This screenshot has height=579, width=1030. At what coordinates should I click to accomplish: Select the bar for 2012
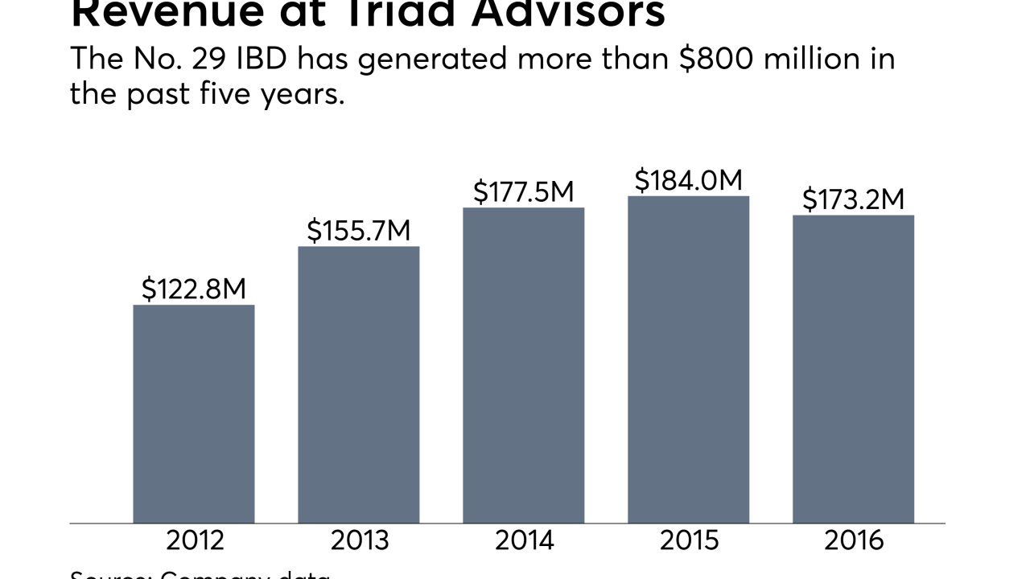click(x=193, y=414)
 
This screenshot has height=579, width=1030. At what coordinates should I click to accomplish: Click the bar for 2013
click(x=358, y=384)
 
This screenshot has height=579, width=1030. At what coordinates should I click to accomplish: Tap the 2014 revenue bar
click(x=523, y=366)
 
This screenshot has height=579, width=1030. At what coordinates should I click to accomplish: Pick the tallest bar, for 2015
click(x=688, y=359)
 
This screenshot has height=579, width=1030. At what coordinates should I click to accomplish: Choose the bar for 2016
click(x=853, y=369)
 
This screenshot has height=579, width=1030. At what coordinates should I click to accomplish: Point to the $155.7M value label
click(x=358, y=231)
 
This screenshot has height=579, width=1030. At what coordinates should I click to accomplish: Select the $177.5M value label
click(x=523, y=192)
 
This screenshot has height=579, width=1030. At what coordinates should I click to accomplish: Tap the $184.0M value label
click(x=688, y=181)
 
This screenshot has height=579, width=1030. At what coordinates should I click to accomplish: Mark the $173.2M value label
click(x=853, y=199)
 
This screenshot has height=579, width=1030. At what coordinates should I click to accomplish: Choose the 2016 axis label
click(x=853, y=540)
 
